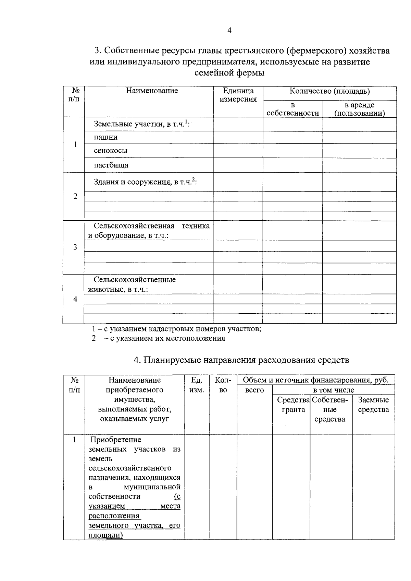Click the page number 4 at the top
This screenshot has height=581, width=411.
click(x=229, y=31)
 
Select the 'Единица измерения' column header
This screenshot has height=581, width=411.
click(x=238, y=95)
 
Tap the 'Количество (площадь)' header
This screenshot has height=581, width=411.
click(x=329, y=91)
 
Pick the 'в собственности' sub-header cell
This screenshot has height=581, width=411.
click(x=292, y=109)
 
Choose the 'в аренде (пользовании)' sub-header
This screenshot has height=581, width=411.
click(x=359, y=109)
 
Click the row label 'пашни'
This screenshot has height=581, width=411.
click(x=105, y=137)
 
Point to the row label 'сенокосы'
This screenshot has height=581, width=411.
click(x=110, y=151)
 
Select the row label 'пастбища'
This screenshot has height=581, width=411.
click(x=111, y=165)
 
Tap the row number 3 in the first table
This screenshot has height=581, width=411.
click(x=75, y=247)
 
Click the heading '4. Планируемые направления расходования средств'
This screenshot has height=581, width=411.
click(x=241, y=360)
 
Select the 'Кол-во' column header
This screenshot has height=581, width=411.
click(x=223, y=385)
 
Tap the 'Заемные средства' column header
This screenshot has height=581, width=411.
click(x=373, y=405)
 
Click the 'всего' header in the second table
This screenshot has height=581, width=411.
click(x=254, y=390)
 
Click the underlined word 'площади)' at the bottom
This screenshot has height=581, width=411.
click(x=105, y=535)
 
